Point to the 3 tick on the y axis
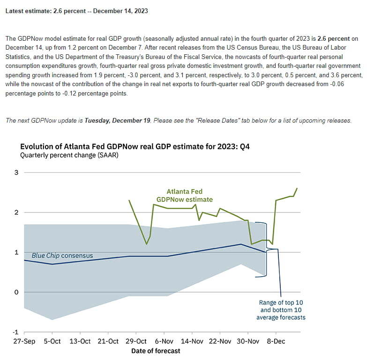[x=16, y=172]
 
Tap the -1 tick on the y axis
[x=15, y=332]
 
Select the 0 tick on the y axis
[x=16, y=292]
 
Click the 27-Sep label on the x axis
[x=24, y=341]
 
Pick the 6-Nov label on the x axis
[x=164, y=341]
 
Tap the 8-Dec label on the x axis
[x=276, y=341]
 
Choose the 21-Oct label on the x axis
[x=108, y=341]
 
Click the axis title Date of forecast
[x=156, y=351]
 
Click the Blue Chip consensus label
[x=62, y=256]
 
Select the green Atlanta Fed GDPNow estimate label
[x=185, y=195]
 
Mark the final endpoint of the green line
[x=297, y=188]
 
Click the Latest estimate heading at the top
[x=76, y=11]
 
